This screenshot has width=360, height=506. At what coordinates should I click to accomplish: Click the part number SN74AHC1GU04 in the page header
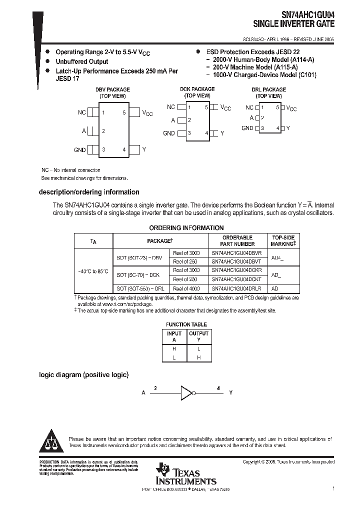coord(305,14)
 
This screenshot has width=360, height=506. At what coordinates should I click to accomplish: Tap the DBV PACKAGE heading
coord(112,89)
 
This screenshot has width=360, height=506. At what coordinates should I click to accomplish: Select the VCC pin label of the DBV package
coord(147,113)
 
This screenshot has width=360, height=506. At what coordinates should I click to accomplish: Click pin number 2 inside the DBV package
coord(103,131)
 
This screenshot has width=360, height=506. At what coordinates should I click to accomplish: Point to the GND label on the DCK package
coord(169,133)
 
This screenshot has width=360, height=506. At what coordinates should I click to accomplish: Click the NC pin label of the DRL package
coord(249,107)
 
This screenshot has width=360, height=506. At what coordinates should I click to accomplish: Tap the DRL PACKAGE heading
coord(269,89)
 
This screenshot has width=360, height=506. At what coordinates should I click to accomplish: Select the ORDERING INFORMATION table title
coord(179,228)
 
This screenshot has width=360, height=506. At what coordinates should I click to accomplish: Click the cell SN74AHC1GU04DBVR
coord(236,253)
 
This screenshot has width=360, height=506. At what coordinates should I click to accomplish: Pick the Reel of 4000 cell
coord(186,288)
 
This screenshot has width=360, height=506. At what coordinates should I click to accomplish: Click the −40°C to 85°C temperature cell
coord(93,270)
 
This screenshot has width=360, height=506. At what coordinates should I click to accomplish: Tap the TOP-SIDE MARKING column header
coord(283,240)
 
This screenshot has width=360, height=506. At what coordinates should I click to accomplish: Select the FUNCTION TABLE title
coord(186,324)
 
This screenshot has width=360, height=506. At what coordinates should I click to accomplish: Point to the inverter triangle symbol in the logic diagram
coord(186,392)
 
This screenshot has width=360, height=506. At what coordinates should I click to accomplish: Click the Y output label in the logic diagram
coord(230,393)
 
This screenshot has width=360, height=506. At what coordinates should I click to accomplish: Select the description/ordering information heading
coord(89,192)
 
